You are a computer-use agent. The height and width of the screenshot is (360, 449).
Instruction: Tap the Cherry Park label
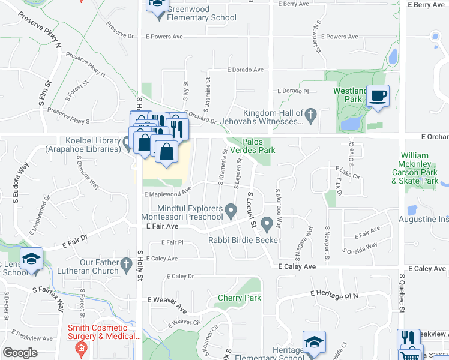240,298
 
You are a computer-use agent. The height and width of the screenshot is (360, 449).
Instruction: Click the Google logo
20,353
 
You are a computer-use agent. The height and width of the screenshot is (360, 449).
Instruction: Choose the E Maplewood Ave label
167,193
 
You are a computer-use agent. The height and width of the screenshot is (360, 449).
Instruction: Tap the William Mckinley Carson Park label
420,168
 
